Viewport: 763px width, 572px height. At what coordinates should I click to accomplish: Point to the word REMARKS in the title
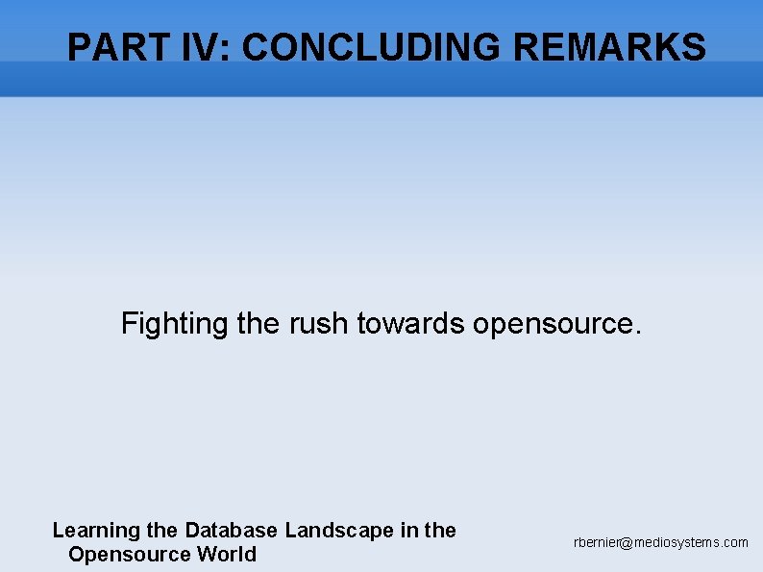(x=610, y=47)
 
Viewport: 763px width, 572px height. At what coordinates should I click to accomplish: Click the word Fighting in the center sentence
(x=174, y=324)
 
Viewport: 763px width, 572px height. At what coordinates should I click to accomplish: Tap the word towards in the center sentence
(x=410, y=324)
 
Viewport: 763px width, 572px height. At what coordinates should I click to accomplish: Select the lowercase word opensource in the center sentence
(x=552, y=325)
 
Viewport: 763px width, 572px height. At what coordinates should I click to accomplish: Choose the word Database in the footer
(x=232, y=530)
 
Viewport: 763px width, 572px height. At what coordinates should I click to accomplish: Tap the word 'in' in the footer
(x=406, y=530)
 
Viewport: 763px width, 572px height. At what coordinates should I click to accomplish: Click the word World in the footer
(x=227, y=554)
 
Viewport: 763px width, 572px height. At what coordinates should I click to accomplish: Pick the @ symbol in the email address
(x=627, y=543)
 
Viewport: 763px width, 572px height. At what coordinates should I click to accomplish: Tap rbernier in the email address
(x=597, y=542)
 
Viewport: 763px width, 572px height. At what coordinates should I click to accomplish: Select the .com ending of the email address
(x=734, y=542)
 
